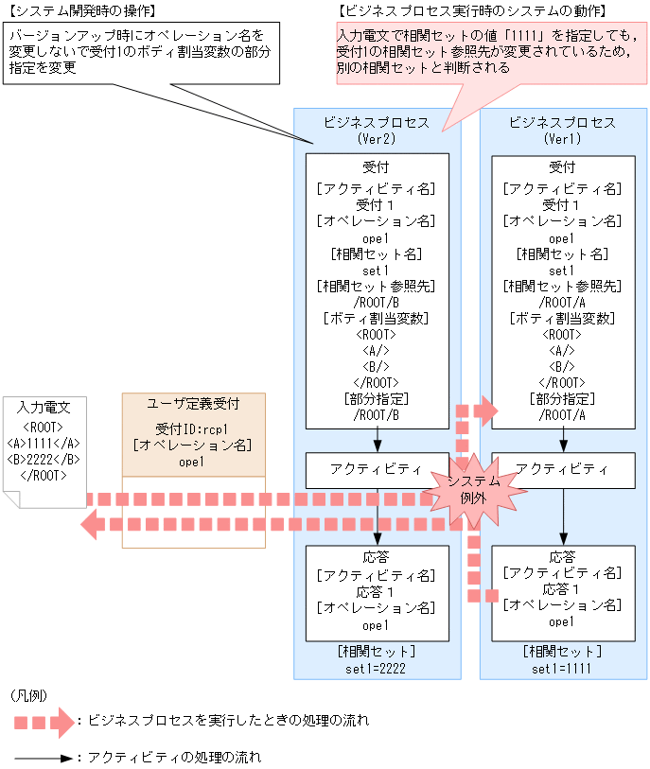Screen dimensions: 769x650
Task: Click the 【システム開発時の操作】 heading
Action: click(81, 10)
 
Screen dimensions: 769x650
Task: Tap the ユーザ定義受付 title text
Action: click(194, 404)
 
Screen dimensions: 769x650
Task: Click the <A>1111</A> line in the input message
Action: click(44, 442)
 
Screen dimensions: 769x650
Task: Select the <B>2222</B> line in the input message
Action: click(44, 459)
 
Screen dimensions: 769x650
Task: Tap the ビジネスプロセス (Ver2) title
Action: click(377, 130)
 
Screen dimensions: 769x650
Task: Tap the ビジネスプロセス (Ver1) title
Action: click(562, 130)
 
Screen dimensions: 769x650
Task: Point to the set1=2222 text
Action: click(376, 668)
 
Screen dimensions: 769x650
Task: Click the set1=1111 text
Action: click(562, 668)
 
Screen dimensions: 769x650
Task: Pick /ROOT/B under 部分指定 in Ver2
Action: click(376, 414)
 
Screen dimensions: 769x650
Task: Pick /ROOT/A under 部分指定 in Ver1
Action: click(562, 414)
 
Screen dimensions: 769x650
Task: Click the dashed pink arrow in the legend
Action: click(44, 722)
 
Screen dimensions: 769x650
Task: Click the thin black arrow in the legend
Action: click(44, 758)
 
